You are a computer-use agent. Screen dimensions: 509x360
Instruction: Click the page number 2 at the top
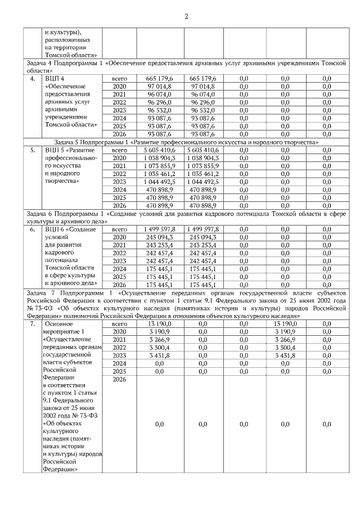tap(186, 15)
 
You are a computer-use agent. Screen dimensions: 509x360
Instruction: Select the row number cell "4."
tap(33, 78)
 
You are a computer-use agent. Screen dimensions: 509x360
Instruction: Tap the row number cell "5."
tap(33, 150)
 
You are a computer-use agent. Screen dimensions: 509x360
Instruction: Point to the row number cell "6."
tap(33, 229)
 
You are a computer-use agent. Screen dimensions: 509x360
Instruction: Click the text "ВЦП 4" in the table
tap(55, 78)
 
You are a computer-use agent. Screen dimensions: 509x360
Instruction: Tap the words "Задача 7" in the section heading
tap(42, 292)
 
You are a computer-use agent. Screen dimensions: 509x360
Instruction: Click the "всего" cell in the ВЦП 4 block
tap(120, 78)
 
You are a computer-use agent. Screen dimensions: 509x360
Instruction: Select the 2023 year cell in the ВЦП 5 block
tap(119, 182)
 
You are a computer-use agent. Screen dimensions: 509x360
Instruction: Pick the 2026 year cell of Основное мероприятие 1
tap(119, 380)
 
